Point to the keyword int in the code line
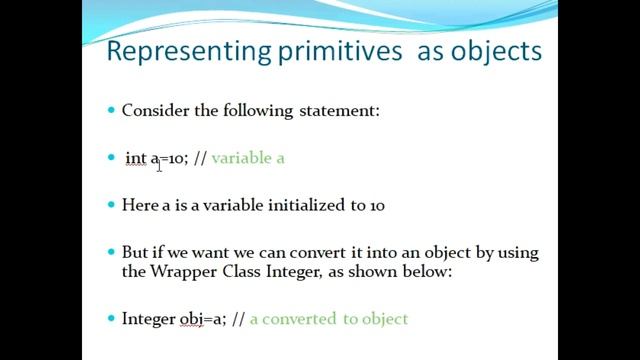click(135, 158)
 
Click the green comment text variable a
click(249, 158)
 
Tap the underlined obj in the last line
click(191, 319)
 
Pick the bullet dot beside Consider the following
click(112, 110)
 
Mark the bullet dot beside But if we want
click(112, 253)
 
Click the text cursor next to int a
click(159, 161)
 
